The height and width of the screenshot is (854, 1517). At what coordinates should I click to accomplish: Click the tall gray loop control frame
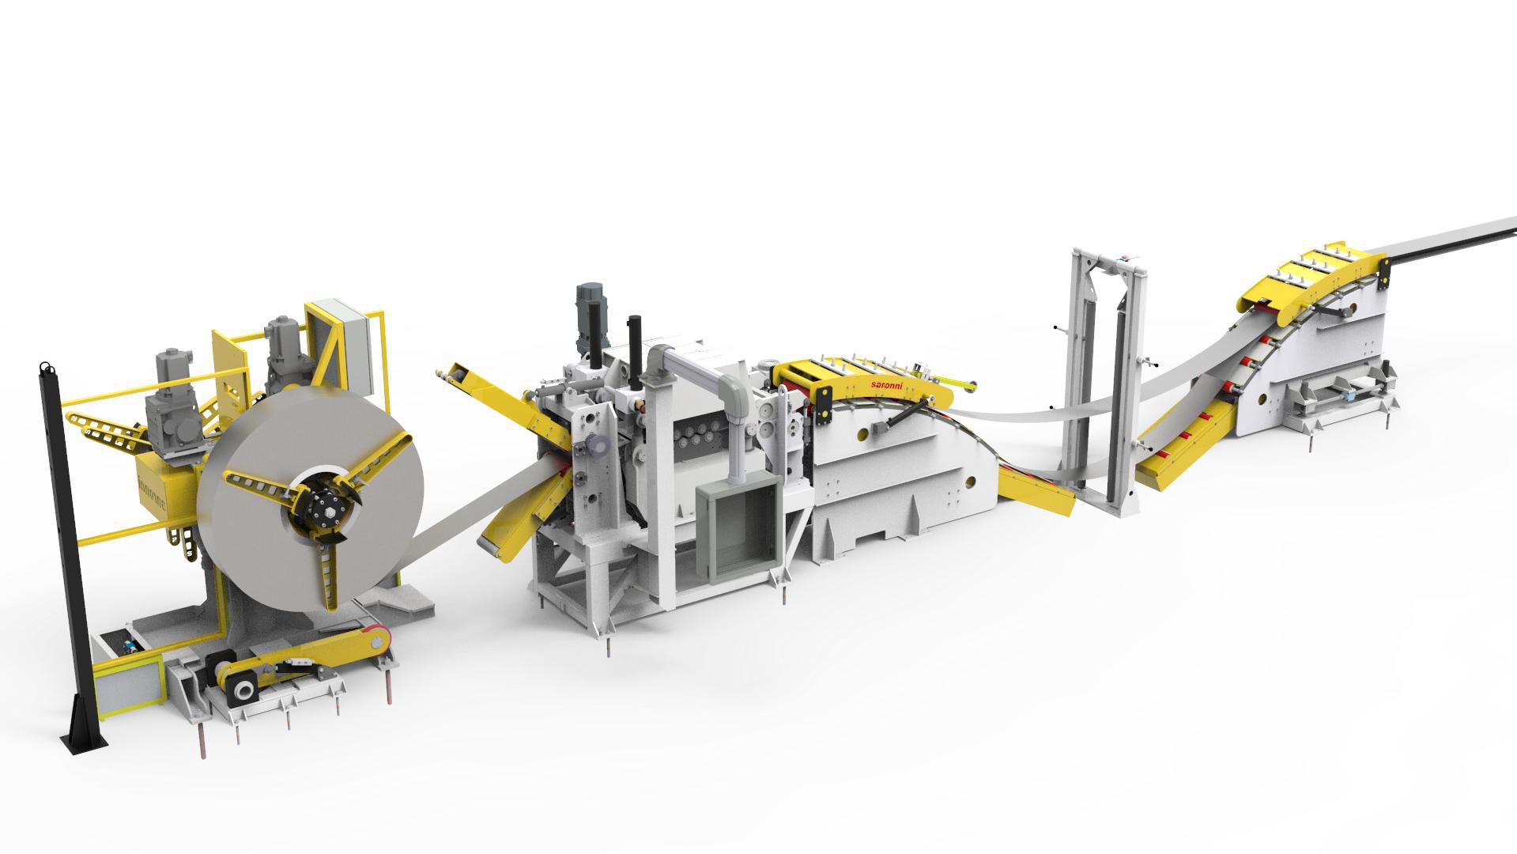tap(1103, 380)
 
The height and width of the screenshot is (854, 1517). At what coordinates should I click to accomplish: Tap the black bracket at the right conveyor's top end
tap(1383, 273)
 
